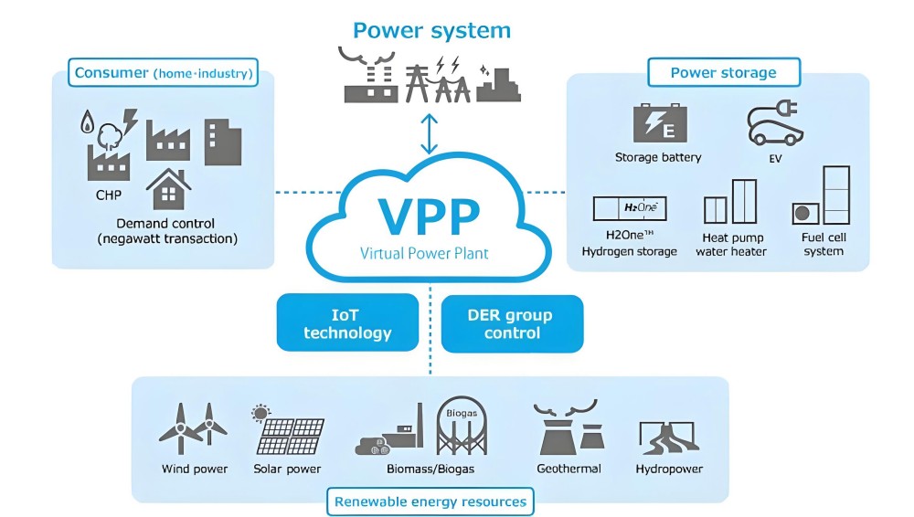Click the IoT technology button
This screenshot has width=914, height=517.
click(347, 323)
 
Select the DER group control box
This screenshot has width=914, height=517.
click(512, 323)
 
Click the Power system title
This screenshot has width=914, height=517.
click(431, 30)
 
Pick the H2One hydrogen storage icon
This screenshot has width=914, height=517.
click(630, 208)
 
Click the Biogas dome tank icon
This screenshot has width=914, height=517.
click(461, 427)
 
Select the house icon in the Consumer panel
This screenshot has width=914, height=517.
click(168, 190)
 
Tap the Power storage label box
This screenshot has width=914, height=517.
click(723, 72)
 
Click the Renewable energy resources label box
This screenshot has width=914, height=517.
click(430, 501)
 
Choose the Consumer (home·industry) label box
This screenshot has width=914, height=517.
click(164, 72)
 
